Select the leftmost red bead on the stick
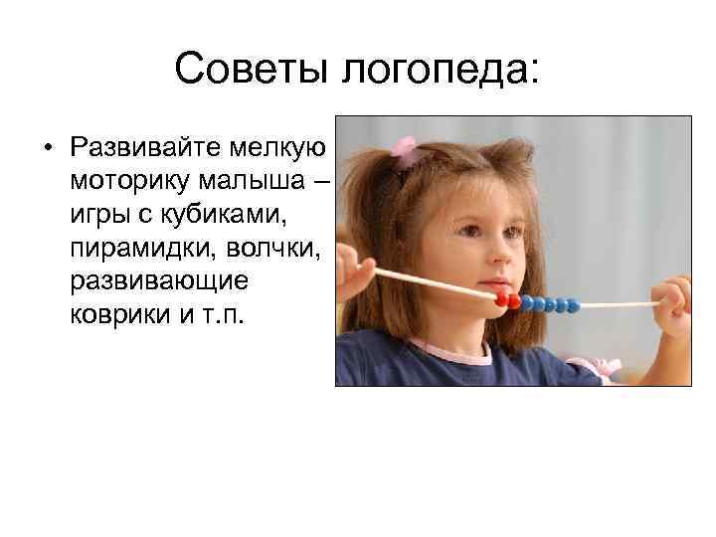coord(501,299)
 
